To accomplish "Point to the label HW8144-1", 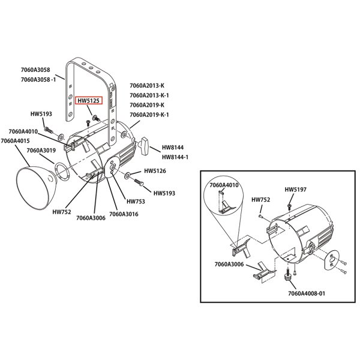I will pos(175,157).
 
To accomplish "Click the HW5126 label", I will pos(155,171).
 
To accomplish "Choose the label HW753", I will pos(134,202).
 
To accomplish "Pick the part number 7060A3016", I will pos(124,214).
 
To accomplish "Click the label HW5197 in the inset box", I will pos(296,190).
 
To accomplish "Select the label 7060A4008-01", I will pos(306,294).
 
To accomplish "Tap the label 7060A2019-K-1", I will pos(149,115).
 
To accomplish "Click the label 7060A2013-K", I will pos(146,85).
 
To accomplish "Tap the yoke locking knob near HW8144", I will pos(144,145).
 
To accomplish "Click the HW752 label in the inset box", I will pos(260,199).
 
